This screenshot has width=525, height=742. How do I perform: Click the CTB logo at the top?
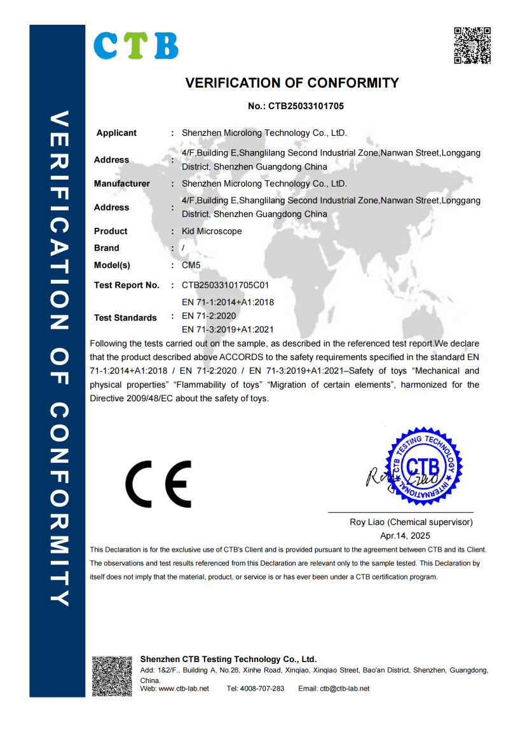coord(136,45)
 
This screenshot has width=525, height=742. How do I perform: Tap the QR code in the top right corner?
coord(472,46)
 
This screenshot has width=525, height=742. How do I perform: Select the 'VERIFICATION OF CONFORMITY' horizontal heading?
coord(292,83)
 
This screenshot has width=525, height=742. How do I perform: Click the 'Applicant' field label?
coord(116,133)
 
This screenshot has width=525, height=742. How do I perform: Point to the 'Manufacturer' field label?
coord(122,184)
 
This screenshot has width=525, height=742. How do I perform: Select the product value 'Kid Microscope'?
coord(212,231)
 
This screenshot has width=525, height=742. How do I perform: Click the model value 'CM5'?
coord(191,265)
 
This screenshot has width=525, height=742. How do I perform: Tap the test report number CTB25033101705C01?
coord(229,285)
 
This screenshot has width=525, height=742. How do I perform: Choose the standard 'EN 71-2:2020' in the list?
coord(209,315)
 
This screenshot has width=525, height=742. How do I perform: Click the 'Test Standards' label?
coord(125,317)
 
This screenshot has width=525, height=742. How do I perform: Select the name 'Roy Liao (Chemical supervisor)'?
coord(411,522)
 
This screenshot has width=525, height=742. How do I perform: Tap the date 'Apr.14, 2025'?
coord(405,535)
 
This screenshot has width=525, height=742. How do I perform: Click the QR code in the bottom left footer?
coord(112,675)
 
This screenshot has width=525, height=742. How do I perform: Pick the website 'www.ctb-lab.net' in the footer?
coord(184,689)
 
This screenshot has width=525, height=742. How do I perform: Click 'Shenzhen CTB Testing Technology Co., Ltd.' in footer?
coord(228,659)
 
